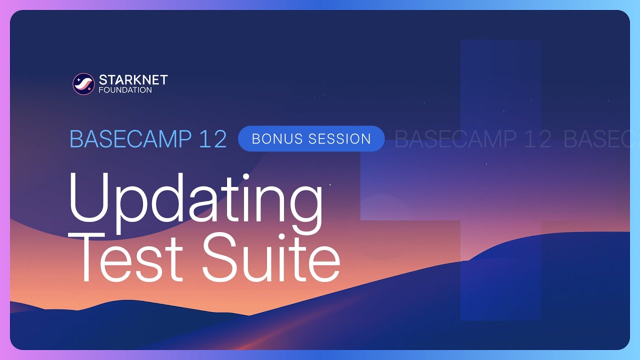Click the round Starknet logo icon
point(83,84)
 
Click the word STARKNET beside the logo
point(133,79)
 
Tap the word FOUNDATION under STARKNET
point(125,90)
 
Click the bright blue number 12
point(212,139)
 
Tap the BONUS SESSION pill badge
point(311,138)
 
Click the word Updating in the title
point(195,200)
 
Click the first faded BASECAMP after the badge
point(448,139)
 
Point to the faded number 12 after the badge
point(534,139)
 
